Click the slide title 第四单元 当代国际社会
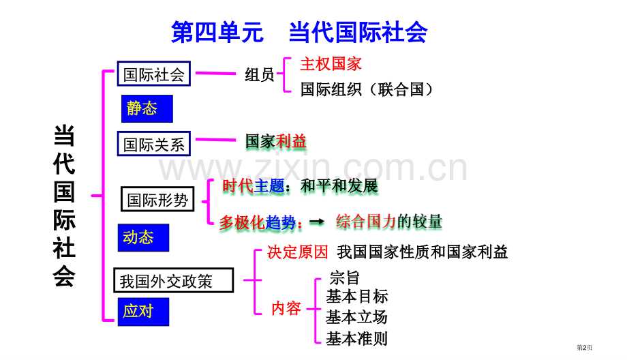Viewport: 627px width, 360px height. [x=299, y=32]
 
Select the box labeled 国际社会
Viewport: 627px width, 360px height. [x=154, y=74]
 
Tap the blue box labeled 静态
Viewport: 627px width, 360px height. [x=147, y=108]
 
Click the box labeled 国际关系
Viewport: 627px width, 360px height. [x=154, y=144]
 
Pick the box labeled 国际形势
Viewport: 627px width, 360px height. [x=157, y=199]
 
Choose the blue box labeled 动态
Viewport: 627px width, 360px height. [x=143, y=237]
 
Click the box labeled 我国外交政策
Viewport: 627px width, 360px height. [x=174, y=280]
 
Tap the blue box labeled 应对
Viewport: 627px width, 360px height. [x=143, y=312]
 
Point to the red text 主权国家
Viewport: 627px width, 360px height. [x=331, y=64]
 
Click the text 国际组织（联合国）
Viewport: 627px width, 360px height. [x=366, y=89]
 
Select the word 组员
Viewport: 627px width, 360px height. [x=260, y=75]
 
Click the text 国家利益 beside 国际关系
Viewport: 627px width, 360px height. [x=276, y=141]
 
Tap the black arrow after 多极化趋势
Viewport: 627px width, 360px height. [x=317, y=222]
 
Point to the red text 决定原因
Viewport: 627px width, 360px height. [x=298, y=252]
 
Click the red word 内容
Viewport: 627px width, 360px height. [x=286, y=308]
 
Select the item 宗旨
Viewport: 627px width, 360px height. [x=345, y=277]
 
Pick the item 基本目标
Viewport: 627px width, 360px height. [x=357, y=297]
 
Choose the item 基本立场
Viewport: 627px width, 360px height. [x=356, y=317]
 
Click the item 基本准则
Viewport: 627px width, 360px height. [x=356, y=338]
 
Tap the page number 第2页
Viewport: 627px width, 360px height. [x=584, y=348]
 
